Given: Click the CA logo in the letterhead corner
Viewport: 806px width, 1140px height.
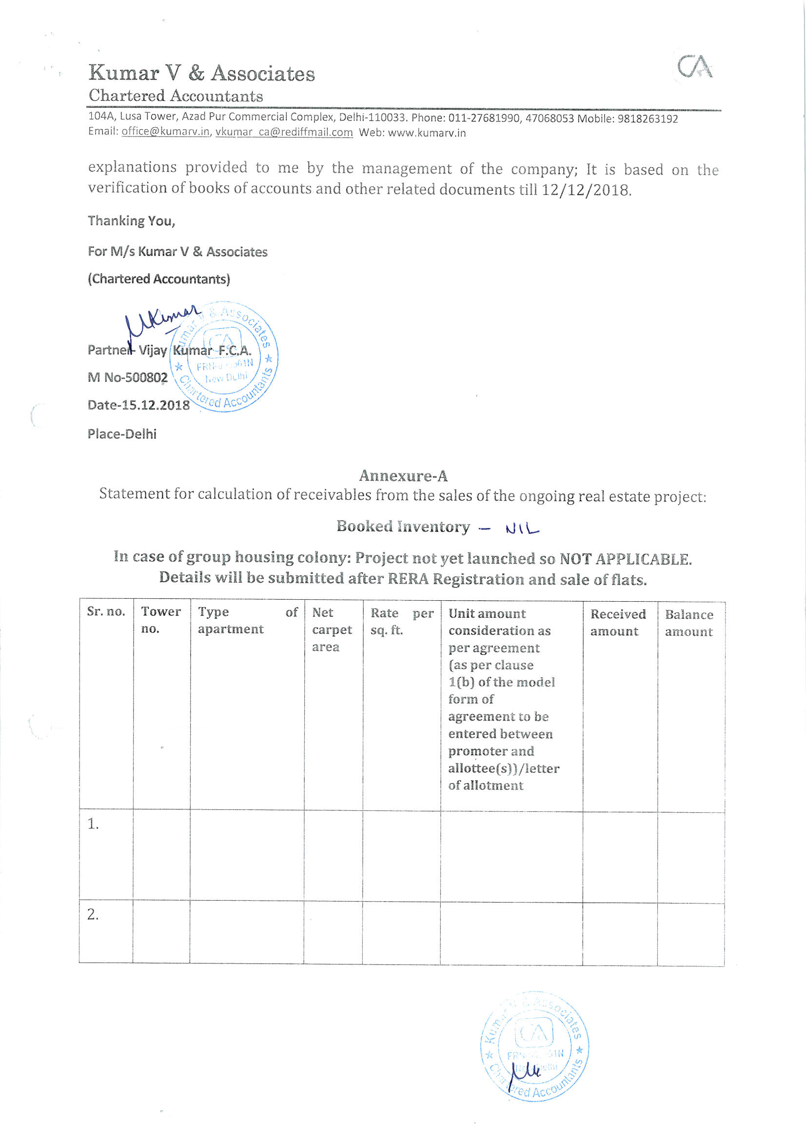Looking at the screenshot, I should coord(695,66).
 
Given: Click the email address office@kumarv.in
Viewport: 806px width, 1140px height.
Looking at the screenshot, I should coord(165,132).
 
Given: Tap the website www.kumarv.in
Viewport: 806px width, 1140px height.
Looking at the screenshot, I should coord(427,133).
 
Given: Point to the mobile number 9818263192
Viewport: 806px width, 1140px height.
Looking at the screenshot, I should coord(648,119).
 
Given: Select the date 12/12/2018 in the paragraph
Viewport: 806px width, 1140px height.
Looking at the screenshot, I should coord(586,190).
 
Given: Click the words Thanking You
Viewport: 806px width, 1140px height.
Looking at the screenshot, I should coord(132,221).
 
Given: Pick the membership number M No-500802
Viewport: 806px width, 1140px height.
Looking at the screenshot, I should coord(128,378).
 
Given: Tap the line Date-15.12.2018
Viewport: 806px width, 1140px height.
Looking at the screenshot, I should coord(138,405).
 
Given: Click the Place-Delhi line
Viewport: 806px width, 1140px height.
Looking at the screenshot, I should coord(122,434).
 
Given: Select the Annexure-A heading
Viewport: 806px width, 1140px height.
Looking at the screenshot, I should coord(403,476).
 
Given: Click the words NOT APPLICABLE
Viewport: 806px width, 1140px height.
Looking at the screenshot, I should coord(625,559).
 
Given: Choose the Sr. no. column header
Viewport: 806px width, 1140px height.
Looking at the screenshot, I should coord(106,611).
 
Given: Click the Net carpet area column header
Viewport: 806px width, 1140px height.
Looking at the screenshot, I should coord(332,629).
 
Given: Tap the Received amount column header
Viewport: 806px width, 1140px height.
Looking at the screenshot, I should coord(618,623).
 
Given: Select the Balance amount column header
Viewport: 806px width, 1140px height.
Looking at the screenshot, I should coord(689,623).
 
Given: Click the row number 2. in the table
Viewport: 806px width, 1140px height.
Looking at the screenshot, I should coord(93,914).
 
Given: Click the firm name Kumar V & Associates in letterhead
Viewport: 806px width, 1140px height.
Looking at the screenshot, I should coord(202,74).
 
